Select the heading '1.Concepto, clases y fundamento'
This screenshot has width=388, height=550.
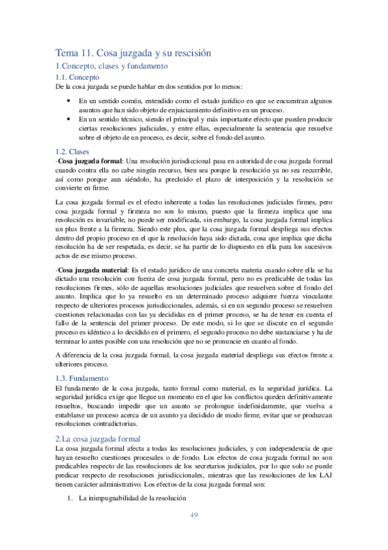(112, 66)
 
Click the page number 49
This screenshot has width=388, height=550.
(194, 515)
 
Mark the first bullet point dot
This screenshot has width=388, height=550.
(69, 101)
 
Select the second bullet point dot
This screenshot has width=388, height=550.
(69, 119)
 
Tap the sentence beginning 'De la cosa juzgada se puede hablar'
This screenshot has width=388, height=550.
(149, 86)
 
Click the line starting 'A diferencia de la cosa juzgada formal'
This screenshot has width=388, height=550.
(194, 356)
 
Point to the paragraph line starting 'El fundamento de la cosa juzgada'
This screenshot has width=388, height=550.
(194, 388)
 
